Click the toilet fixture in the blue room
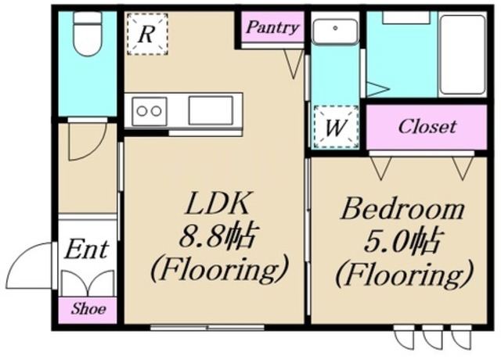88,34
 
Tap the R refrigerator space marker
147,34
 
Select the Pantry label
272,27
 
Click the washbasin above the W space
335,31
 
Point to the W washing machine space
336,127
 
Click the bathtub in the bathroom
463,54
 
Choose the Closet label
427,127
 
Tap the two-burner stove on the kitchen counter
150,111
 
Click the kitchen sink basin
211,110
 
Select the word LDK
218,203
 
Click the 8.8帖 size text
218,239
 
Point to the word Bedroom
402,209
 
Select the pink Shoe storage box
87,310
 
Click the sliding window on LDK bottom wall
207,327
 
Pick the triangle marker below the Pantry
294,64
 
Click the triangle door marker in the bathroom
377,88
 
